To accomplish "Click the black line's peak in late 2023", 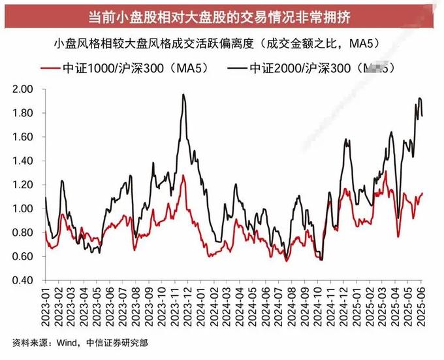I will pyautogui.click(x=183, y=95).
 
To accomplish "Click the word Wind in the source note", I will pyautogui.click(x=64, y=342).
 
